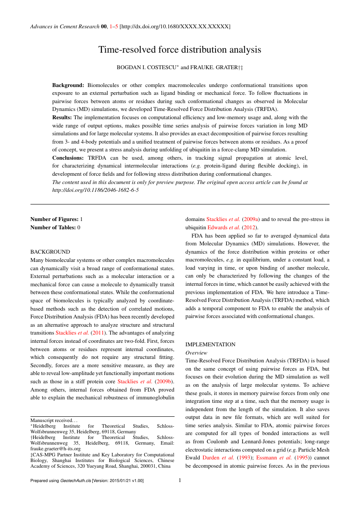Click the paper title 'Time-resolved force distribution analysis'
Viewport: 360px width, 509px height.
pos(180,50)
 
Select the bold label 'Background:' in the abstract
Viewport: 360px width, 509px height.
pos(68,85)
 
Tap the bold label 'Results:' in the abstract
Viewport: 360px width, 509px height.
pos(62,117)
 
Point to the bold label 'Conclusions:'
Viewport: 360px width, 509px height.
pos(69,157)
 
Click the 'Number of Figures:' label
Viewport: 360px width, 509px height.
pos(54,219)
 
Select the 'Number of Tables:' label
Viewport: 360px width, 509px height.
pos(53,227)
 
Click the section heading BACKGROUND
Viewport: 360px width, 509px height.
pos(50,252)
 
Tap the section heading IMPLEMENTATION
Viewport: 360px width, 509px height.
pos(210,345)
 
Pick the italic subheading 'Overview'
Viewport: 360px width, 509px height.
pos(196,353)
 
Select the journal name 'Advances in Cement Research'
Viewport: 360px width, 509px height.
pos(64,27)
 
